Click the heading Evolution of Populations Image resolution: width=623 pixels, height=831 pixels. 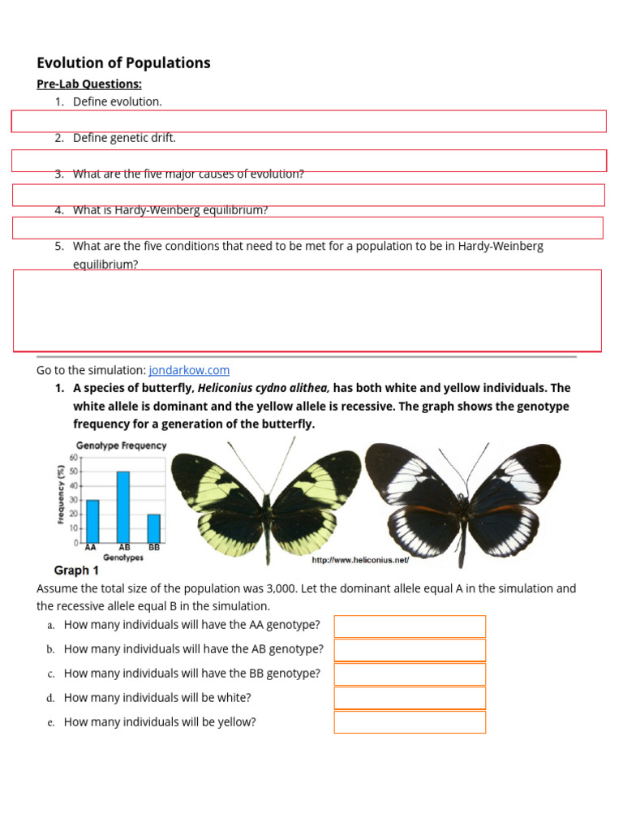(x=123, y=63)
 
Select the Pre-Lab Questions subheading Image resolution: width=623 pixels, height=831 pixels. (x=89, y=84)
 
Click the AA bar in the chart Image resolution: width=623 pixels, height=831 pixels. (x=92, y=521)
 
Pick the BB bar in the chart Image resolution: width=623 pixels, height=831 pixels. (x=153, y=528)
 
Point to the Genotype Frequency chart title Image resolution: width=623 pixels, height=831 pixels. (x=121, y=446)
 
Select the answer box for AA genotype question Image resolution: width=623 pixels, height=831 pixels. (x=410, y=626)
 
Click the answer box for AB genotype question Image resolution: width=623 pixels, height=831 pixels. (x=410, y=650)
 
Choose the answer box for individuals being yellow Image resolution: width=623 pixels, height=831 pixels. (x=410, y=722)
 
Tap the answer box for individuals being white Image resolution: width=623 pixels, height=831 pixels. (x=410, y=698)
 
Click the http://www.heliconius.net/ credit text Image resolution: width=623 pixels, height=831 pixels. (x=360, y=560)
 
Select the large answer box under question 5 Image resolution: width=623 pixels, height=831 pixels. (x=307, y=311)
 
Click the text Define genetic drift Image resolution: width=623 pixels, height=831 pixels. (x=124, y=138)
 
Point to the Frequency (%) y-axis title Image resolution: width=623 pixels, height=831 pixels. (x=62, y=493)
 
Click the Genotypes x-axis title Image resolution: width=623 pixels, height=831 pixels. (x=123, y=558)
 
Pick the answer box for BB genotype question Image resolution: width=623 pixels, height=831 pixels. (x=410, y=674)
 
